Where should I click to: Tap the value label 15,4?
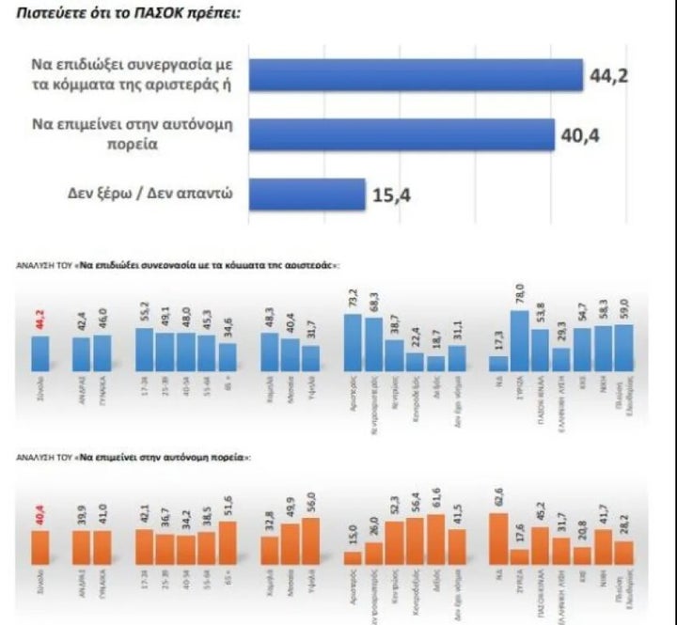click(393, 195)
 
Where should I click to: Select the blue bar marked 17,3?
click(497, 365)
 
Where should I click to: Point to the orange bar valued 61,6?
click(436, 539)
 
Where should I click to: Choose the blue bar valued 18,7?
click(436, 365)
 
